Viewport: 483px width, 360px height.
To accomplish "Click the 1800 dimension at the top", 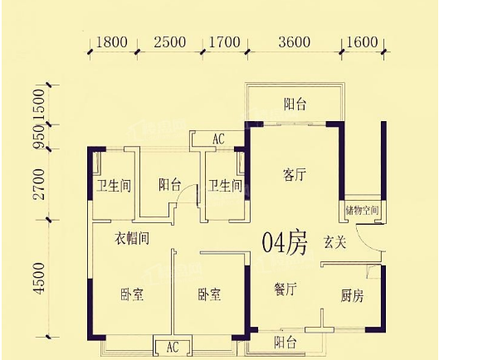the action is pos(112,42).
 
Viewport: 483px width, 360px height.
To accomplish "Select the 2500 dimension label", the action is pos(170,42).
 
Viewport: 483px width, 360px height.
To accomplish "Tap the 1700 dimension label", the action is pos(225,42).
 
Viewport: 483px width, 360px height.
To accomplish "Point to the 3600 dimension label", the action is pos(295,42).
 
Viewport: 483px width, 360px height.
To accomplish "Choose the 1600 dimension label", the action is pos(362,42).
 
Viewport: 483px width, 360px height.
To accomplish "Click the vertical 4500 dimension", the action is pos(39,278).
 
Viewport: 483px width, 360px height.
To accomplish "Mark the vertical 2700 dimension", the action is pos(39,184).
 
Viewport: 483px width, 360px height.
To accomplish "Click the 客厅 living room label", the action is pos(295,175).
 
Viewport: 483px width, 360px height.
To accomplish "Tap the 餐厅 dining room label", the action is pos(285,289).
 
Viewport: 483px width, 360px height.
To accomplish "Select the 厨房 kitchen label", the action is pos(353,296).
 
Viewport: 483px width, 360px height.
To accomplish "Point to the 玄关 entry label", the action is pos(334,242).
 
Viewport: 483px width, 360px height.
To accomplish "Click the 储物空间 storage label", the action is pos(362,211).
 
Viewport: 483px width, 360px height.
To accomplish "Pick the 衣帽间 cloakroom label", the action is pos(132,238).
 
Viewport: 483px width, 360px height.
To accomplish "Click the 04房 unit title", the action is pos(285,243).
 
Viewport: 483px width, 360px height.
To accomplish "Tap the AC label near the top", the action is pos(218,139).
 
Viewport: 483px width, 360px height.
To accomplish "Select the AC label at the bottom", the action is pos(173,348).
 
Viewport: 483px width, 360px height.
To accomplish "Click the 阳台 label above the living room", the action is pos(295,104).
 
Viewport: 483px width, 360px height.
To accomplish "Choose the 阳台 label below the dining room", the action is pos(285,342).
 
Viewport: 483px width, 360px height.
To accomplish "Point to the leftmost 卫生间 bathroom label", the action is pos(114,186).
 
